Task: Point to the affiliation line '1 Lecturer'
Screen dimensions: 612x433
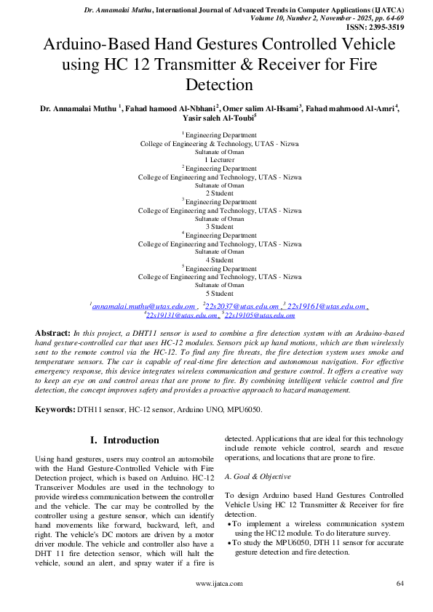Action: [x=219, y=159]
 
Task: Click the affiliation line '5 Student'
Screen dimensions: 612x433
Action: [x=219, y=294]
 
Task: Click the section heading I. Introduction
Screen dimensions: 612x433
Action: [x=124, y=440]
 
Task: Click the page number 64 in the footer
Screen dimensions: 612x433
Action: [x=400, y=583]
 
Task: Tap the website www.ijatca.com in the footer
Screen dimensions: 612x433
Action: [x=219, y=583]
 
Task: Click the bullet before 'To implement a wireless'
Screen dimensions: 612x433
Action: [x=231, y=523]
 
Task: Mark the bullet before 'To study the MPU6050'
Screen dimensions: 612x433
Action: [x=231, y=542]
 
